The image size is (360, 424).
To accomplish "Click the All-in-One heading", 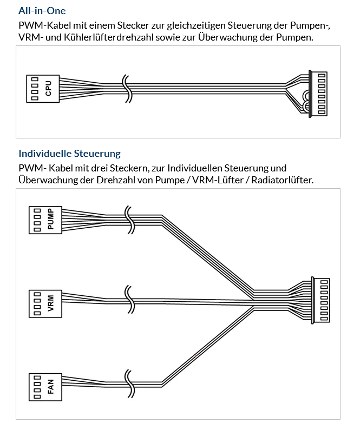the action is click(x=42, y=11).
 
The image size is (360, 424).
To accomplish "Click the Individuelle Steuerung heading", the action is click(x=69, y=154).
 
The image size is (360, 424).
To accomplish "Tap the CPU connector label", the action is click(x=49, y=89).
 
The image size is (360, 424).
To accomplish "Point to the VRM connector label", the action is click(x=51, y=303).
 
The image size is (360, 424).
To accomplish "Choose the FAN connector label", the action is click(x=51, y=387).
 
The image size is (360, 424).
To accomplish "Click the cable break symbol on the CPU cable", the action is click(x=127, y=89).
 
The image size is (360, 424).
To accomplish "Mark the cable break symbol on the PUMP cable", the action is click(x=129, y=220).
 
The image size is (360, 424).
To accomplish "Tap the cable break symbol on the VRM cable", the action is click(x=129, y=300).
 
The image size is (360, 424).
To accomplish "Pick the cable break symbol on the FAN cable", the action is click(x=129, y=384).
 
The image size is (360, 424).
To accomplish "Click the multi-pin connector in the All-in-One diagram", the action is click(x=318, y=94).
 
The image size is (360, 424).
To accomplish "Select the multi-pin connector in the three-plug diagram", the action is click(x=320, y=300).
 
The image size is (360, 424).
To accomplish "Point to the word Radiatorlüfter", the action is click(x=283, y=180).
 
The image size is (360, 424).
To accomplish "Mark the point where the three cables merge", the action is click(x=254, y=300).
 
